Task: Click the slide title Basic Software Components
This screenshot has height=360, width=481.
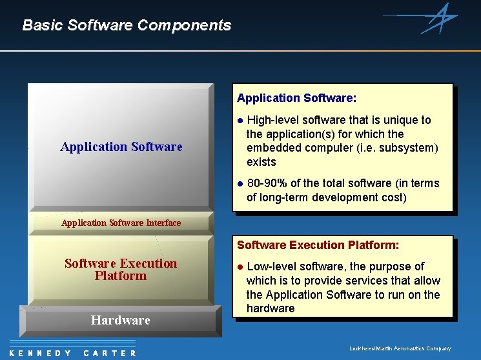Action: tap(127, 25)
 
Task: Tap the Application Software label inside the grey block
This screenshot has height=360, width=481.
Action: tap(121, 146)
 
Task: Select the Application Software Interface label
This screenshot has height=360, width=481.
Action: tap(121, 223)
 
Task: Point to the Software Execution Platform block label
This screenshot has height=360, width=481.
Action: tap(121, 269)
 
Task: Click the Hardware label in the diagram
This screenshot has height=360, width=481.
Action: tap(121, 320)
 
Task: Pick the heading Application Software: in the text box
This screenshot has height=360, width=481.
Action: tap(296, 98)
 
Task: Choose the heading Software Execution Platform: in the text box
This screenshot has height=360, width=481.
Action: tap(318, 245)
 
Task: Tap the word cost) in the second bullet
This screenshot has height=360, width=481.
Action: tap(393, 197)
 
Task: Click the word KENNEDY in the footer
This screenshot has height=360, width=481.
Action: tap(41, 353)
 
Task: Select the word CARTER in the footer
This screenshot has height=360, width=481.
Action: tap(110, 353)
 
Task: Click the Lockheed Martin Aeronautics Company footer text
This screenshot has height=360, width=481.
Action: tap(400, 348)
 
